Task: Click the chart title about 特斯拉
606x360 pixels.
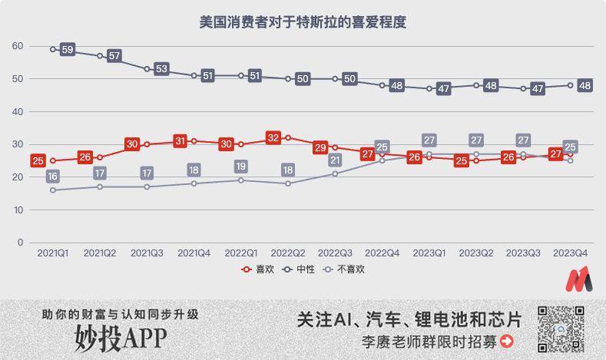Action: (302, 22)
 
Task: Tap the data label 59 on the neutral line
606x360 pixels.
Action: (68, 50)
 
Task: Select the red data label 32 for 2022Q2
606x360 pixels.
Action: (273, 138)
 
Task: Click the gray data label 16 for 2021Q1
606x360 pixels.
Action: (52, 177)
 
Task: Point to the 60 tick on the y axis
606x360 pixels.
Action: (18, 46)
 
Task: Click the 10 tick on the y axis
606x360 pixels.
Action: (18, 210)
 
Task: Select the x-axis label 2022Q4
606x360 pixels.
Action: (382, 253)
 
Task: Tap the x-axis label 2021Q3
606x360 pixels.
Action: (147, 253)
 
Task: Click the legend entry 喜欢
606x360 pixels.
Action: (259, 269)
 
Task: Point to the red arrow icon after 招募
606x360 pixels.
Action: (506, 342)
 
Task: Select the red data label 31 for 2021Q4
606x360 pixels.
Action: (180, 140)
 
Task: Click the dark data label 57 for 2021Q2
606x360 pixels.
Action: (114, 56)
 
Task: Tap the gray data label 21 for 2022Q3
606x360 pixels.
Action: (335, 160)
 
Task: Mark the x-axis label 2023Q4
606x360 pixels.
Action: (570, 253)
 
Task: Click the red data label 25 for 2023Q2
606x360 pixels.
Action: (462, 161)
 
